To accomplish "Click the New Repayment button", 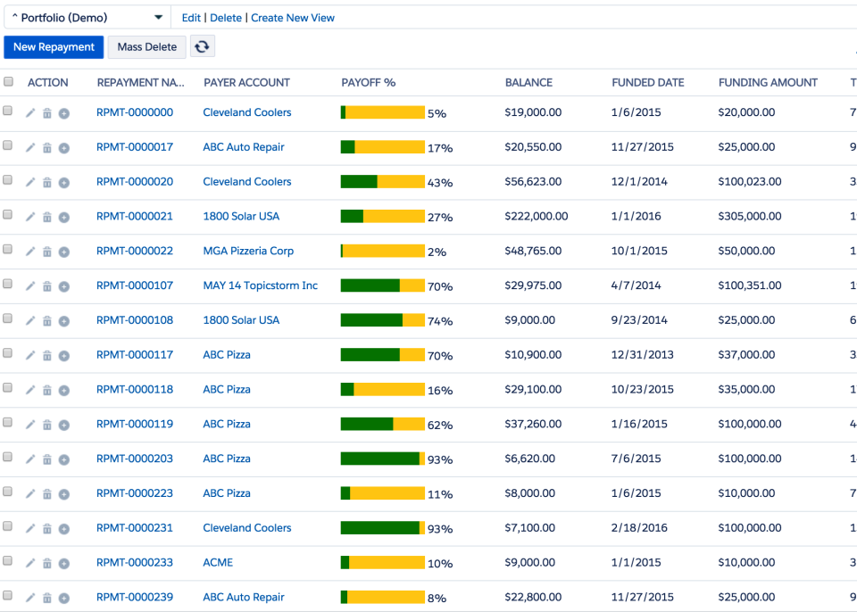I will click(x=54, y=47).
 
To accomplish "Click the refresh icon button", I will click(x=203, y=47).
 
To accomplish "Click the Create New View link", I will click(x=293, y=18).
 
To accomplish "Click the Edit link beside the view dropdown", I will click(x=191, y=18).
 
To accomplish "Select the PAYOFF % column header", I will click(x=368, y=82).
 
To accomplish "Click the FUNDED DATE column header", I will click(x=647, y=82).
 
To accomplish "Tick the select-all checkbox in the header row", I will click(x=9, y=82).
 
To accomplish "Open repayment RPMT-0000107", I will click(x=135, y=285).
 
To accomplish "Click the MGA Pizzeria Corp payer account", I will click(x=248, y=251).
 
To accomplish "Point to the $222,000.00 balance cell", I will click(x=536, y=216).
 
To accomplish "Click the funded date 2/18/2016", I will click(x=639, y=527).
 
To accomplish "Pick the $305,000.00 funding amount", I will click(x=750, y=216).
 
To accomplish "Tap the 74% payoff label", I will click(x=440, y=321).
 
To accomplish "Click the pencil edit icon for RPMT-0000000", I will click(x=30, y=113).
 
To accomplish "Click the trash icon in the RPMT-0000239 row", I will click(x=47, y=598).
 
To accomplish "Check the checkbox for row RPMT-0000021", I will click(x=9, y=215).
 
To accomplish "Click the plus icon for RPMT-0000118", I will click(x=64, y=390).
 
